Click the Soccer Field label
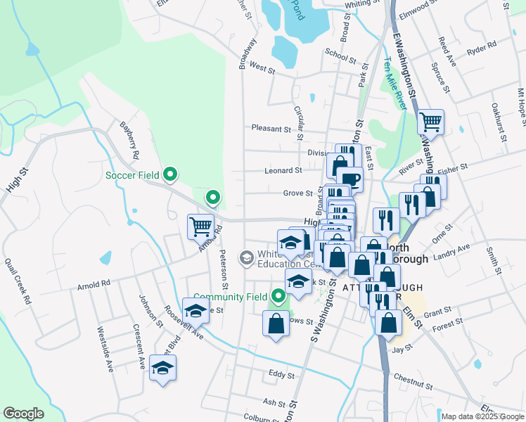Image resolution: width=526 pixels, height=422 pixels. tap(134, 174)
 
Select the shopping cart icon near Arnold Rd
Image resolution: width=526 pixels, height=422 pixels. tap(200, 226)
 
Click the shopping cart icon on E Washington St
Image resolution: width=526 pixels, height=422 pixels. tap(430, 122)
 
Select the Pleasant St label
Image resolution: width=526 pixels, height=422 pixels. tap(271, 129)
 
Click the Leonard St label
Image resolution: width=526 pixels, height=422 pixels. tap(283, 170)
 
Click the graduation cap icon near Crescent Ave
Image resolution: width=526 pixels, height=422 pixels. tap(162, 367)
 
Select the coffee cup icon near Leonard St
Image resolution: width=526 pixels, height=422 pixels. tap(349, 179)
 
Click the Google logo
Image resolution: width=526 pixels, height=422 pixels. tap(23, 414)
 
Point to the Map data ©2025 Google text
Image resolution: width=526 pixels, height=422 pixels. tap(482, 416)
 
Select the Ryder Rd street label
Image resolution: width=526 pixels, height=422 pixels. tap(481, 51)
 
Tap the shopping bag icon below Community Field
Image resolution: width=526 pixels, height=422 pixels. tap(276, 324)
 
